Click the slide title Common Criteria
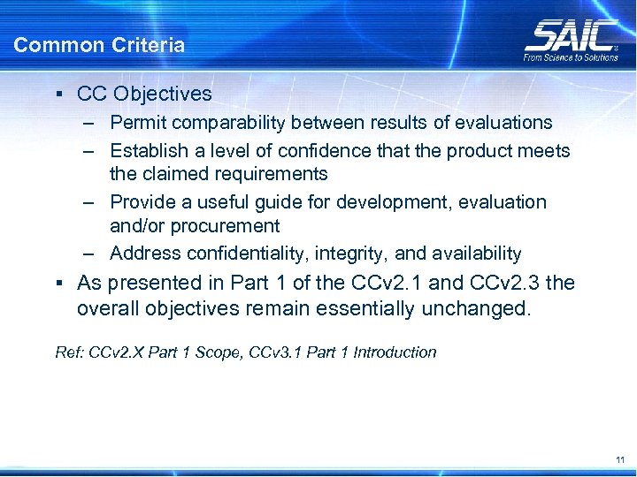(99, 45)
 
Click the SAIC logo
(571, 36)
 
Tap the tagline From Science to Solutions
(571, 58)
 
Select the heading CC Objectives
(145, 94)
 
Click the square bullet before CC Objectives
(58, 94)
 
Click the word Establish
(147, 151)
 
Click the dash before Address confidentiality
(90, 254)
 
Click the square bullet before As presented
(58, 284)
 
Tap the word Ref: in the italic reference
(67, 352)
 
